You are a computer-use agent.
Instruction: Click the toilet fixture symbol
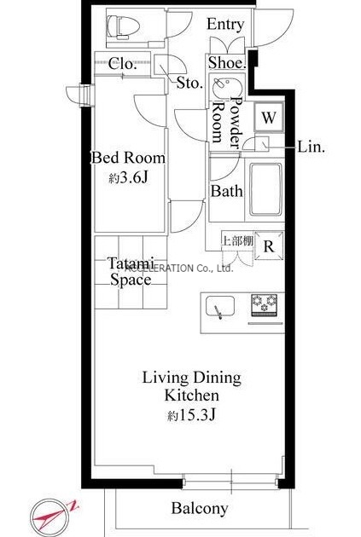(124, 26)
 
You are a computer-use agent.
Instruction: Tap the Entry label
(225, 25)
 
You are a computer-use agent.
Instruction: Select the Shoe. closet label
(227, 62)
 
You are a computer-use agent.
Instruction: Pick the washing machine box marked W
(269, 117)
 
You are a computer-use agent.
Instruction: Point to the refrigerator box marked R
(269, 245)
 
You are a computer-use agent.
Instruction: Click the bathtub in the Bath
(266, 189)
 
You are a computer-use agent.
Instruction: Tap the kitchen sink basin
(220, 306)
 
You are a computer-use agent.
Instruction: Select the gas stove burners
(265, 304)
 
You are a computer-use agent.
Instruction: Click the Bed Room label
(128, 158)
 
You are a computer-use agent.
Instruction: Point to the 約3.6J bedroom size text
(128, 177)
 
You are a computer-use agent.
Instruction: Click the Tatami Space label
(131, 271)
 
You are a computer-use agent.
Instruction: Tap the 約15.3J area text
(191, 415)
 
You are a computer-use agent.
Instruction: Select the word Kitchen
(192, 396)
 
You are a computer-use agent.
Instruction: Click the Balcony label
(200, 508)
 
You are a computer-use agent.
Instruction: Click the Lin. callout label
(311, 147)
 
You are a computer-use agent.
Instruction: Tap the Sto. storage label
(189, 83)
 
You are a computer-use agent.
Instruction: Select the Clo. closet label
(122, 64)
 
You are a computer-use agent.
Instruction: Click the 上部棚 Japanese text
(237, 240)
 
